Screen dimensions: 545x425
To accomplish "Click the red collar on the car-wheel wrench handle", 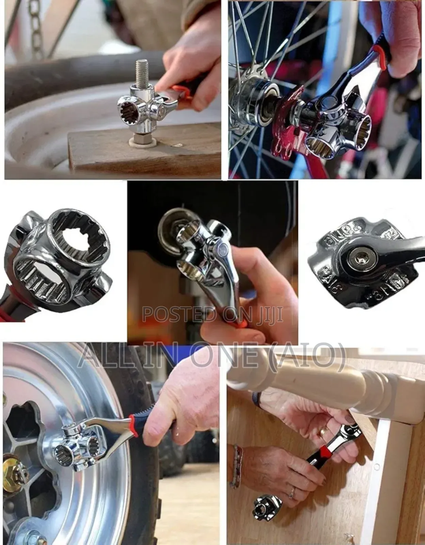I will coord(134,425).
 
